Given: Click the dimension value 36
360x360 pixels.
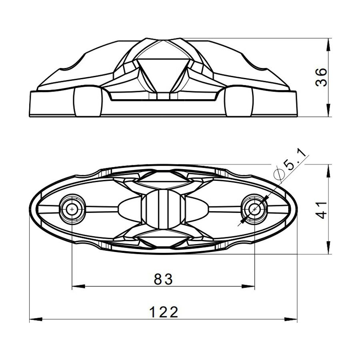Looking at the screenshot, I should point(322,77).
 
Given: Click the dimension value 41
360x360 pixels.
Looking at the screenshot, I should point(322,209).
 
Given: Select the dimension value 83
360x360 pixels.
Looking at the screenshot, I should point(163,279).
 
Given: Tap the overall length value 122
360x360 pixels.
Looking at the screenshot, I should point(163,312).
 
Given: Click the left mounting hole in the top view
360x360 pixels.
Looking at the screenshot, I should point(72,209).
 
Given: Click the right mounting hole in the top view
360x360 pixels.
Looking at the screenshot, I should point(254,209).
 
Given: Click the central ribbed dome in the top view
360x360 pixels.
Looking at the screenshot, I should point(163,209).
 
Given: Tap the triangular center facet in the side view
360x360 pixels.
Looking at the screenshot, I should point(163,72).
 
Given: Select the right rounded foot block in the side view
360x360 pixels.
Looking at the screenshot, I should point(238,102).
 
